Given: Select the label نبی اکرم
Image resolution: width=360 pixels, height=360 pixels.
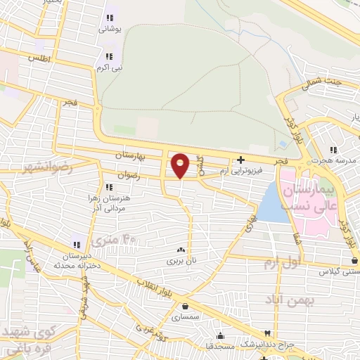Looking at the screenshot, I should click(x=109, y=68).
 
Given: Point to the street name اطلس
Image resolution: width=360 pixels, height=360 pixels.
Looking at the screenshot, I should click(x=40, y=59).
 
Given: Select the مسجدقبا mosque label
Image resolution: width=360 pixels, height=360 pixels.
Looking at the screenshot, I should click(x=221, y=347).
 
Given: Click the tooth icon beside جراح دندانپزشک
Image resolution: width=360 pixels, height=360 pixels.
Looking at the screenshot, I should click(x=267, y=333).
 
